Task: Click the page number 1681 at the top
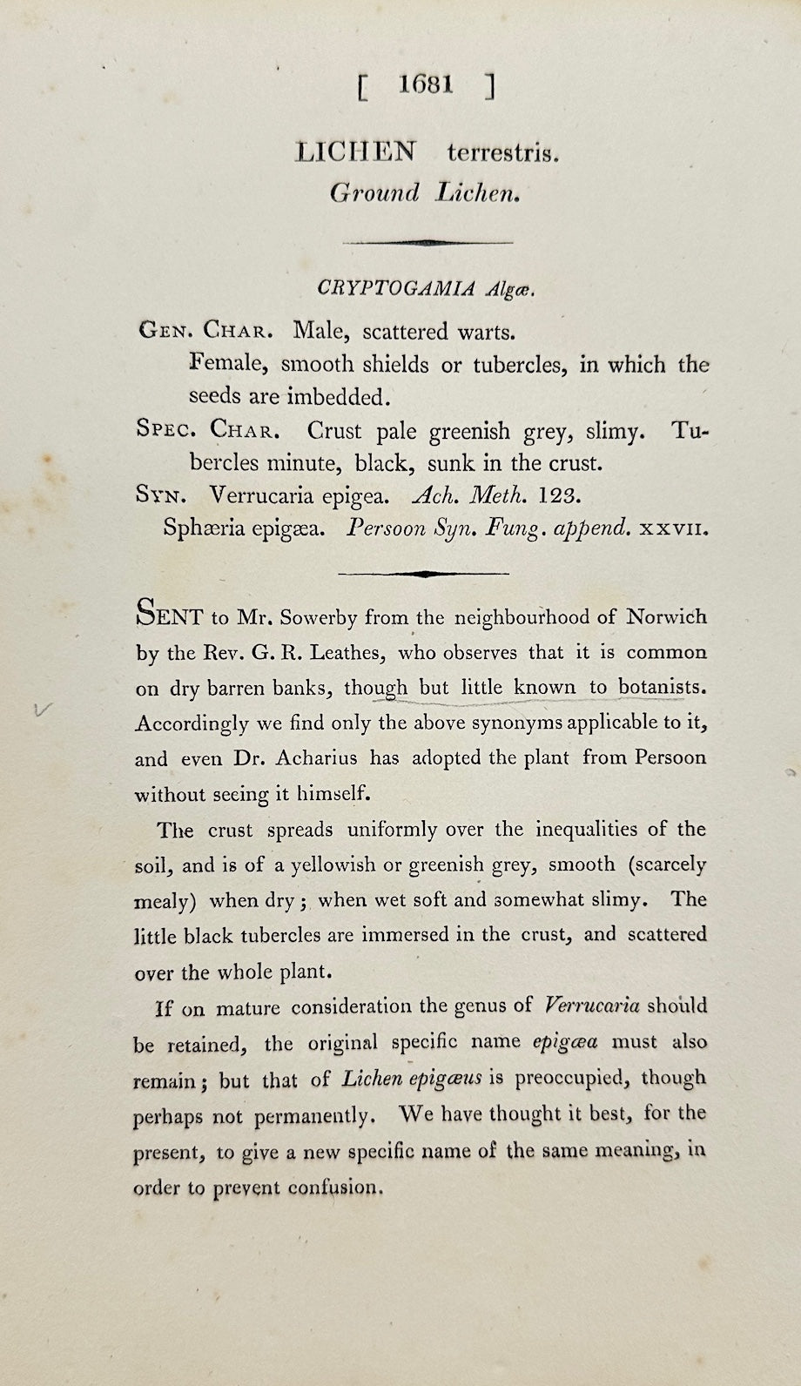[x=426, y=84]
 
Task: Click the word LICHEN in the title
[x=356, y=152]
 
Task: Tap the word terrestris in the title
[x=502, y=154]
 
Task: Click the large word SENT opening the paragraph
[x=169, y=616]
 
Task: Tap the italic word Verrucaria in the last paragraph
[x=591, y=1006]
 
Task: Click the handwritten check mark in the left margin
[x=38, y=710]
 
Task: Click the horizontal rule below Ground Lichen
[x=427, y=242]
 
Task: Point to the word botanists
[x=661, y=688]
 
